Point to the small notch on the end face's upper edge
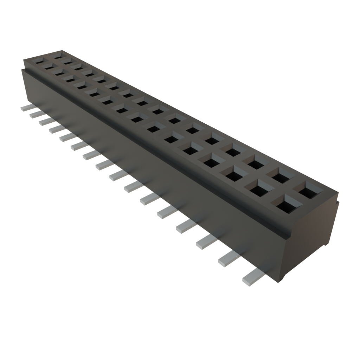(x=337, y=201)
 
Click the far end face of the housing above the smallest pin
(x=25, y=84)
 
